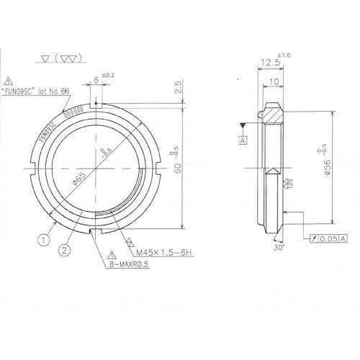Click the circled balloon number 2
point(66,250)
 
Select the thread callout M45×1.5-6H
point(161,253)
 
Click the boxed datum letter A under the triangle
point(243,140)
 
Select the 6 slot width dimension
point(96,82)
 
